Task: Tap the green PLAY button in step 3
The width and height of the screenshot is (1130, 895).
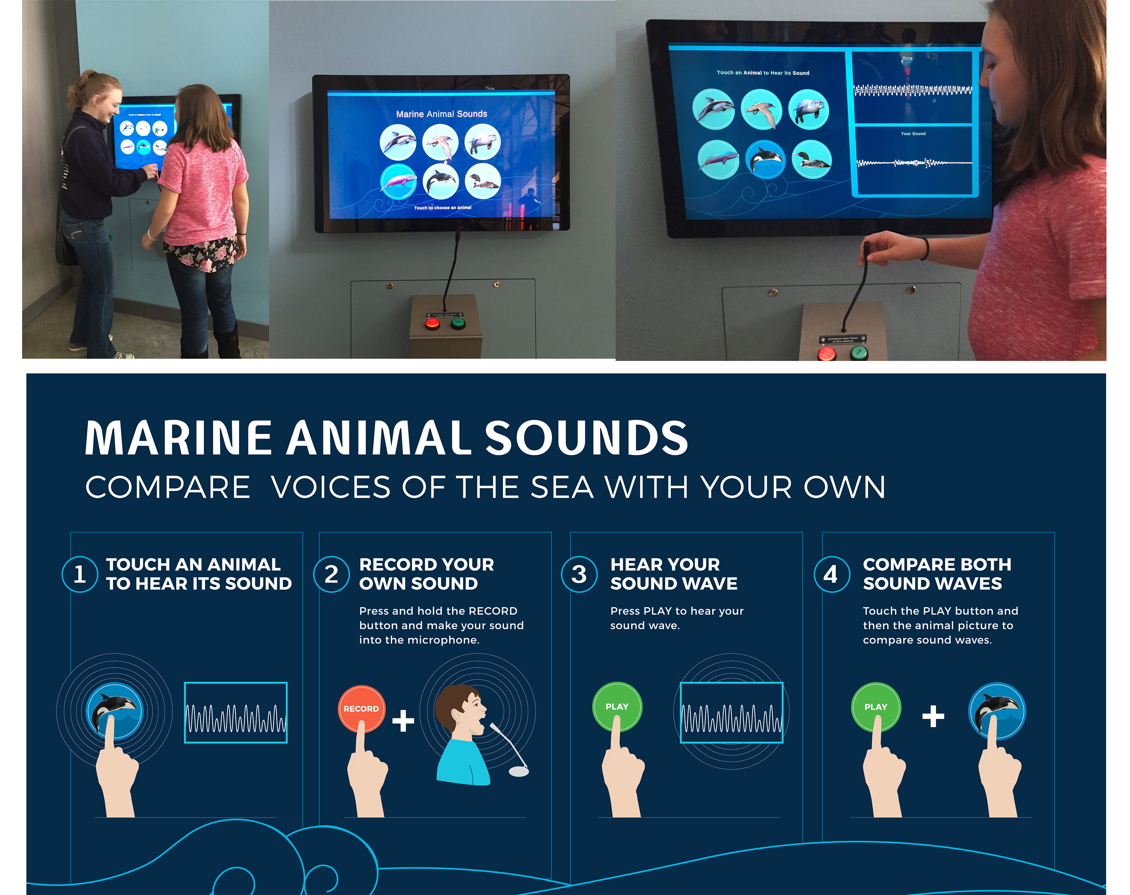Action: [x=617, y=707]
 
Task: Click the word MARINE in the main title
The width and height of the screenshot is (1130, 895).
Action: [x=178, y=438]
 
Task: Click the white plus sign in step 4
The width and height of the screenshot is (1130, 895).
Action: [x=933, y=716]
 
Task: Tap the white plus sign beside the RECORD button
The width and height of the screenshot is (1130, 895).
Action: [x=403, y=720]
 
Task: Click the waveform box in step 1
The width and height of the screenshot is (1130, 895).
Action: [x=236, y=712]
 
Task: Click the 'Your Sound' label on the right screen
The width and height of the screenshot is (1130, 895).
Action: [x=913, y=134]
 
